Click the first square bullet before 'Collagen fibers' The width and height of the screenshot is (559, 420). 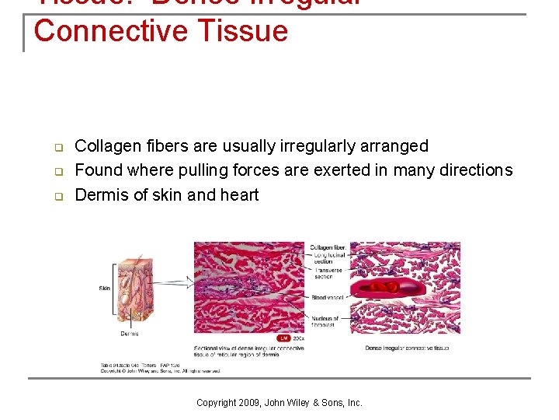click(x=57, y=147)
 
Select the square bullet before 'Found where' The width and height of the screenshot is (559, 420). click(x=57, y=171)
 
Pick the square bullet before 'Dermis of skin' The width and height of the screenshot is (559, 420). click(x=57, y=196)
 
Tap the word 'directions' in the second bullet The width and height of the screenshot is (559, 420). click(x=474, y=170)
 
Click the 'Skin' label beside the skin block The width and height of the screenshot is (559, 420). click(x=104, y=289)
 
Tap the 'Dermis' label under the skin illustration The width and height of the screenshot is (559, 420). click(x=129, y=334)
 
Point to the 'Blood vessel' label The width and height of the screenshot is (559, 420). click(x=325, y=298)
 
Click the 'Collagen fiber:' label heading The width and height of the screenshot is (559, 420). click(x=329, y=248)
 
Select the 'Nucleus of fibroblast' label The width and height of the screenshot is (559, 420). click(x=324, y=321)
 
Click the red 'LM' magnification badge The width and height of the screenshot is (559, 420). click(x=283, y=338)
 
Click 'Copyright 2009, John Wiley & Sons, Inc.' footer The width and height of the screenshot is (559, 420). click(x=279, y=403)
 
